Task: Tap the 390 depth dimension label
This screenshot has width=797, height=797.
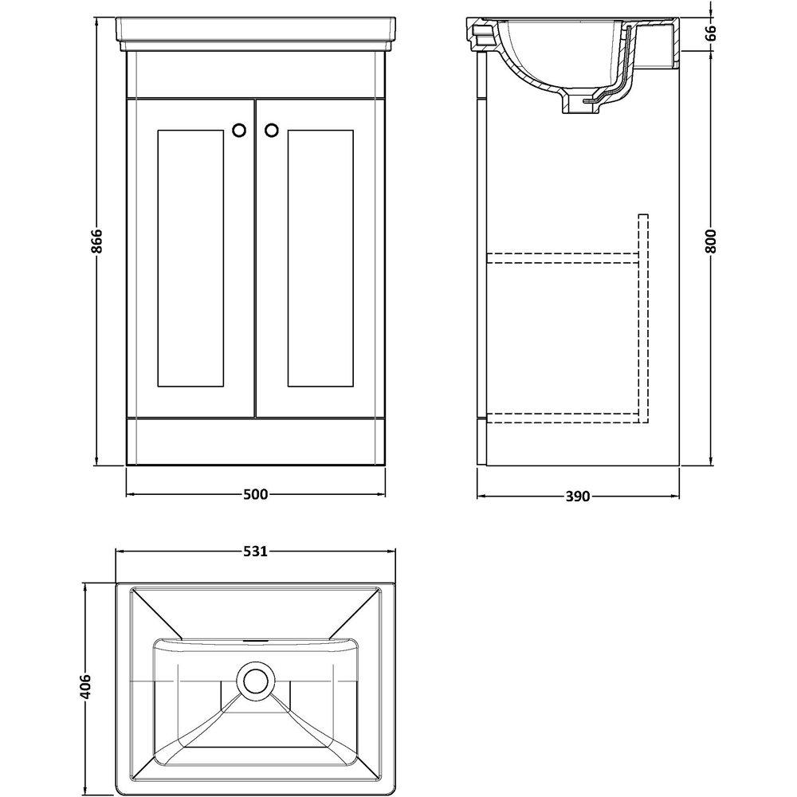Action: [x=577, y=497]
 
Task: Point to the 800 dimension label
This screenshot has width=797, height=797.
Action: [x=712, y=240]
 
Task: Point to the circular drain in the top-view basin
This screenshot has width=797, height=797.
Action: [x=256, y=681]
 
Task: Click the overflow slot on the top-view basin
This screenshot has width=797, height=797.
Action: [x=256, y=639]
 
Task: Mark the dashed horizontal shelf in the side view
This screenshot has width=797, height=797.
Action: [x=562, y=257]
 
